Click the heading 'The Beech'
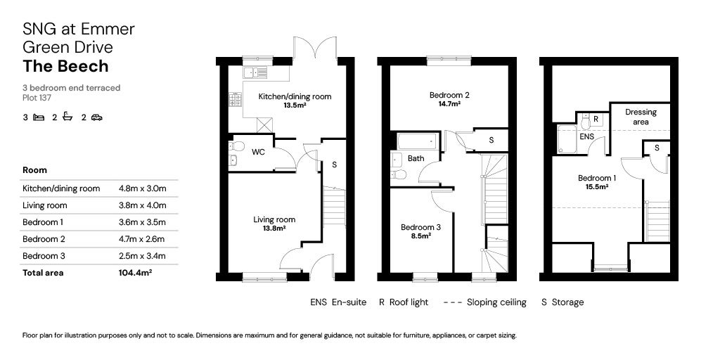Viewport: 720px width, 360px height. (65, 66)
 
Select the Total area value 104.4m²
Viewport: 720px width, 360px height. (136, 273)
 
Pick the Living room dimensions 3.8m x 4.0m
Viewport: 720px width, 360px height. (143, 205)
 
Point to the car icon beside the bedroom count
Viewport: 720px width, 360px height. (96, 117)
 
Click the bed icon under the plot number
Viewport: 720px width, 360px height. (39, 117)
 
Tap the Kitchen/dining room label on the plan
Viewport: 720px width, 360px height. (294, 96)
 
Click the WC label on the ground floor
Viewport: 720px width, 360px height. (258, 152)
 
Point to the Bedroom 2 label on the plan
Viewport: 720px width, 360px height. (447, 95)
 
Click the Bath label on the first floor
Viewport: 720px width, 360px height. (416, 159)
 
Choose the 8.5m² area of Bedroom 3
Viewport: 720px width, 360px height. (420, 236)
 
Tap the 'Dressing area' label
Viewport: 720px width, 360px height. (641, 117)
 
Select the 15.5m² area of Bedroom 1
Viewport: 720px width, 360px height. (596, 187)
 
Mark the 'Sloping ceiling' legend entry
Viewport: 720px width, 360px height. (485, 302)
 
